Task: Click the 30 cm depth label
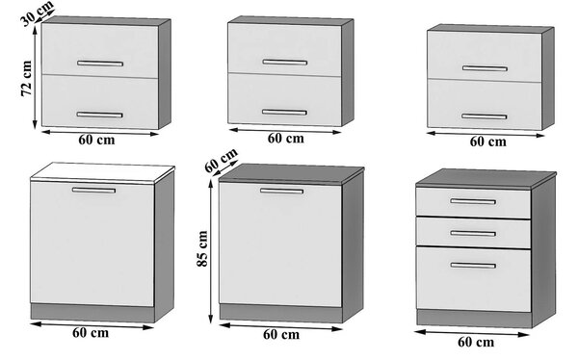pos(38,13)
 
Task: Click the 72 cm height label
pos(27,79)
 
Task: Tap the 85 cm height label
pos(202,248)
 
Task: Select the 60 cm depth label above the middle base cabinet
pos(222,161)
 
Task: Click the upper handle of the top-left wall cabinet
pos(100,64)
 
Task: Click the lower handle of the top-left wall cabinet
pos(99,115)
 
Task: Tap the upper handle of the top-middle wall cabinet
pos(284,62)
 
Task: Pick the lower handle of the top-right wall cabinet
pos(484,116)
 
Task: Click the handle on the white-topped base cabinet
pos(93,191)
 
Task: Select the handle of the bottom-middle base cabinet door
pos(281,191)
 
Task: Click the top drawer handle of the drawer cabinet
pos(473,201)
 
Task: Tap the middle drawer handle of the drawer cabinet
pos(473,233)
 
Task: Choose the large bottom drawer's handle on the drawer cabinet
pos(473,266)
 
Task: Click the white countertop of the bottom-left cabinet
pos(102,172)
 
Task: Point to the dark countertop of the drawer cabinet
pos(486,178)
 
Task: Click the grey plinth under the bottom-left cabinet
pos(92,313)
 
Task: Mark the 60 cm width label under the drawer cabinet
pos(476,342)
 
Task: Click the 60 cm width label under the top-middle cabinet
pos(286,139)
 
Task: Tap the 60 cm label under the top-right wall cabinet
pos(487,141)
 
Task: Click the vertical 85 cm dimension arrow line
pos(211,251)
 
